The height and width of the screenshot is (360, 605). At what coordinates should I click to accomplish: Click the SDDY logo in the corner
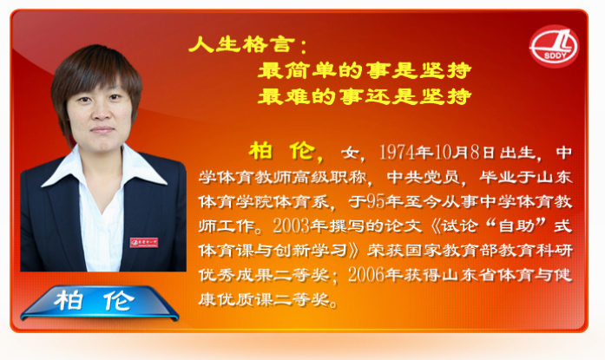[554, 46]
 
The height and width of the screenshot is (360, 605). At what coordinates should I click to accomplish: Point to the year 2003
[292, 226]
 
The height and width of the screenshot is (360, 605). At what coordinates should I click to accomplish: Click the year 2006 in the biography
[366, 275]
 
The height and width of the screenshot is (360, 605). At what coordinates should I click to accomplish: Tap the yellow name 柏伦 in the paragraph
[282, 151]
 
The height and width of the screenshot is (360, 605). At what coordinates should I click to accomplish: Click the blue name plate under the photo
[100, 303]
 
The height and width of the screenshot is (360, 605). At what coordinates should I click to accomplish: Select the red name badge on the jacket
[144, 242]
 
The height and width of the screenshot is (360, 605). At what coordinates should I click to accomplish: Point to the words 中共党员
[423, 177]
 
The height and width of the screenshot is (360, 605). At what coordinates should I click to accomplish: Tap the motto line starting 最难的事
[365, 96]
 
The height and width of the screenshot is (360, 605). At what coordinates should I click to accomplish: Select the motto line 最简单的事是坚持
[365, 70]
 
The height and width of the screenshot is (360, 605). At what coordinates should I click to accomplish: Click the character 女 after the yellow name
[350, 153]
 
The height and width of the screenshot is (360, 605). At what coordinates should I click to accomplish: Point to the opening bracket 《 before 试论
[435, 226]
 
